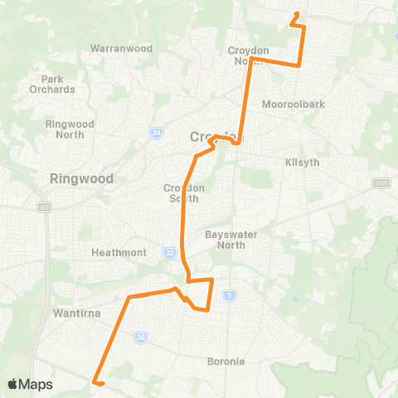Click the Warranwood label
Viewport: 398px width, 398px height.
(121, 48)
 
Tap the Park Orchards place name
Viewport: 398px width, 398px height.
(51, 84)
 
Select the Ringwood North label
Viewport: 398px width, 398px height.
(75, 129)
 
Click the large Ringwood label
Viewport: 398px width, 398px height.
(80, 177)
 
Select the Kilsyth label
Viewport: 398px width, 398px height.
(301, 162)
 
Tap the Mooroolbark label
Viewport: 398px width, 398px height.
(287, 105)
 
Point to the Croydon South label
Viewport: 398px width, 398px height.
(183, 192)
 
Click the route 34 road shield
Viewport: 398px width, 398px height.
(156, 132)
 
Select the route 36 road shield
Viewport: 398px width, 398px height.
(141, 337)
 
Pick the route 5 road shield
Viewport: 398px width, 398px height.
(229, 294)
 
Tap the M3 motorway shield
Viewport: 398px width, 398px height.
(43, 207)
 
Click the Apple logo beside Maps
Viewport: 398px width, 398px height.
(12, 384)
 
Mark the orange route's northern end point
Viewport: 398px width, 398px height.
(297, 14)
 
